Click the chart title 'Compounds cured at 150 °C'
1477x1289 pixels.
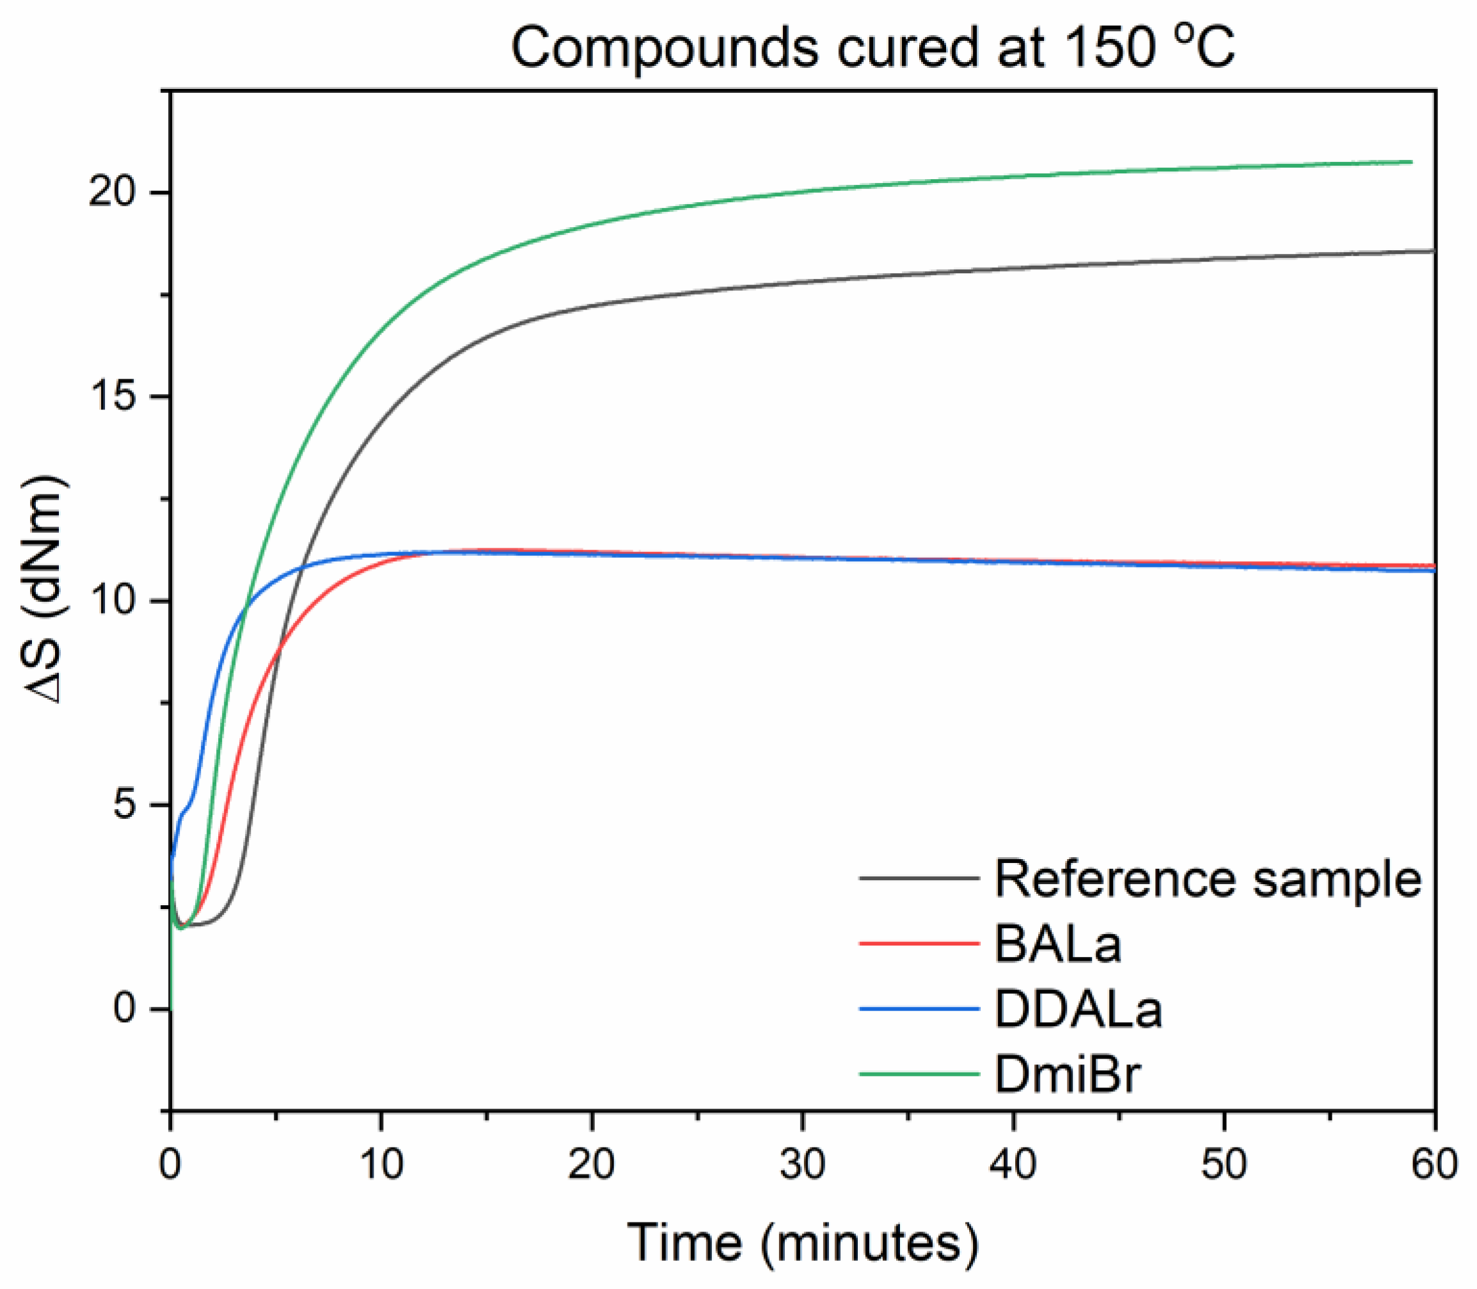[x=873, y=48]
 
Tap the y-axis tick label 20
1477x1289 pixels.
[x=111, y=193]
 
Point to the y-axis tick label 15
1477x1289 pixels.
[x=111, y=397]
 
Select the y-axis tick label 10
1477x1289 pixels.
[x=111, y=601]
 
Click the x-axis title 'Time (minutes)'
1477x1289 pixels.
[x=803, y=1242]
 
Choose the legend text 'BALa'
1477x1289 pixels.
[x=1058, y=944]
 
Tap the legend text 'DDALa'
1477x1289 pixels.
[x=1078, y=1009]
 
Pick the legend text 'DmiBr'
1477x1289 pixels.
[x=1068, y=1075]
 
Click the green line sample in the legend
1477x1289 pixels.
[x=919, y=1075]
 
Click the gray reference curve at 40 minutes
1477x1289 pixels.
[x=1013, y=268]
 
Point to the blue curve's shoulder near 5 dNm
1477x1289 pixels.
[x=186, y=807]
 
